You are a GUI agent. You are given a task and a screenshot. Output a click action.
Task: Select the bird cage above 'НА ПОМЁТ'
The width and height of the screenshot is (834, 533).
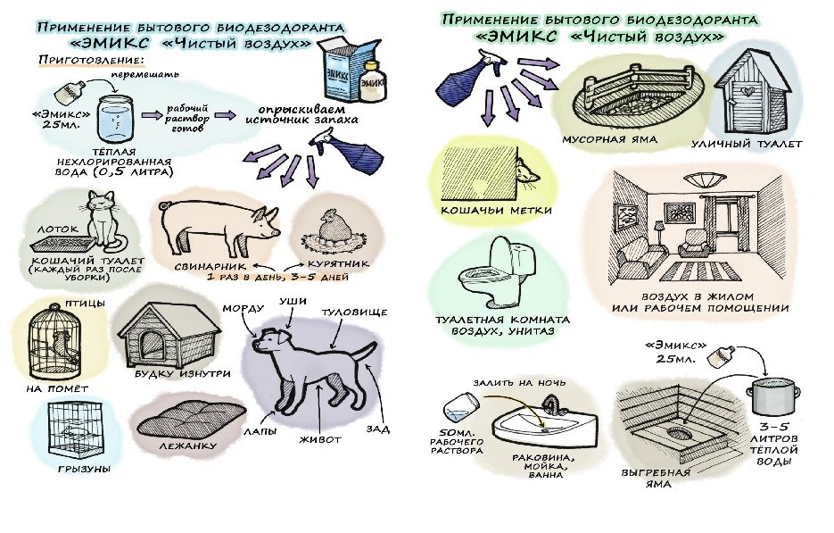(55, 341)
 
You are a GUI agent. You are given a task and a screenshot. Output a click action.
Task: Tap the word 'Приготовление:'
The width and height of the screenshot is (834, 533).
(92, 60)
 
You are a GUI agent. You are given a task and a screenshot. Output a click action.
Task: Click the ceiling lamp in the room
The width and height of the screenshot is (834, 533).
(703, 179)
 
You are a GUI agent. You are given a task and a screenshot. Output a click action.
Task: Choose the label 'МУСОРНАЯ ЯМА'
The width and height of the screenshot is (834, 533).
(609, 139)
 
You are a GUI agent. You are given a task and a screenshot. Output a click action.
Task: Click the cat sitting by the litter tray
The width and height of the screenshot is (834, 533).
(109, 222)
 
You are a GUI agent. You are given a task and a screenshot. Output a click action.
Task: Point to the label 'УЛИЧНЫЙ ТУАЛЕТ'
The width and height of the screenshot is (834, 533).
(747, 144)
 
